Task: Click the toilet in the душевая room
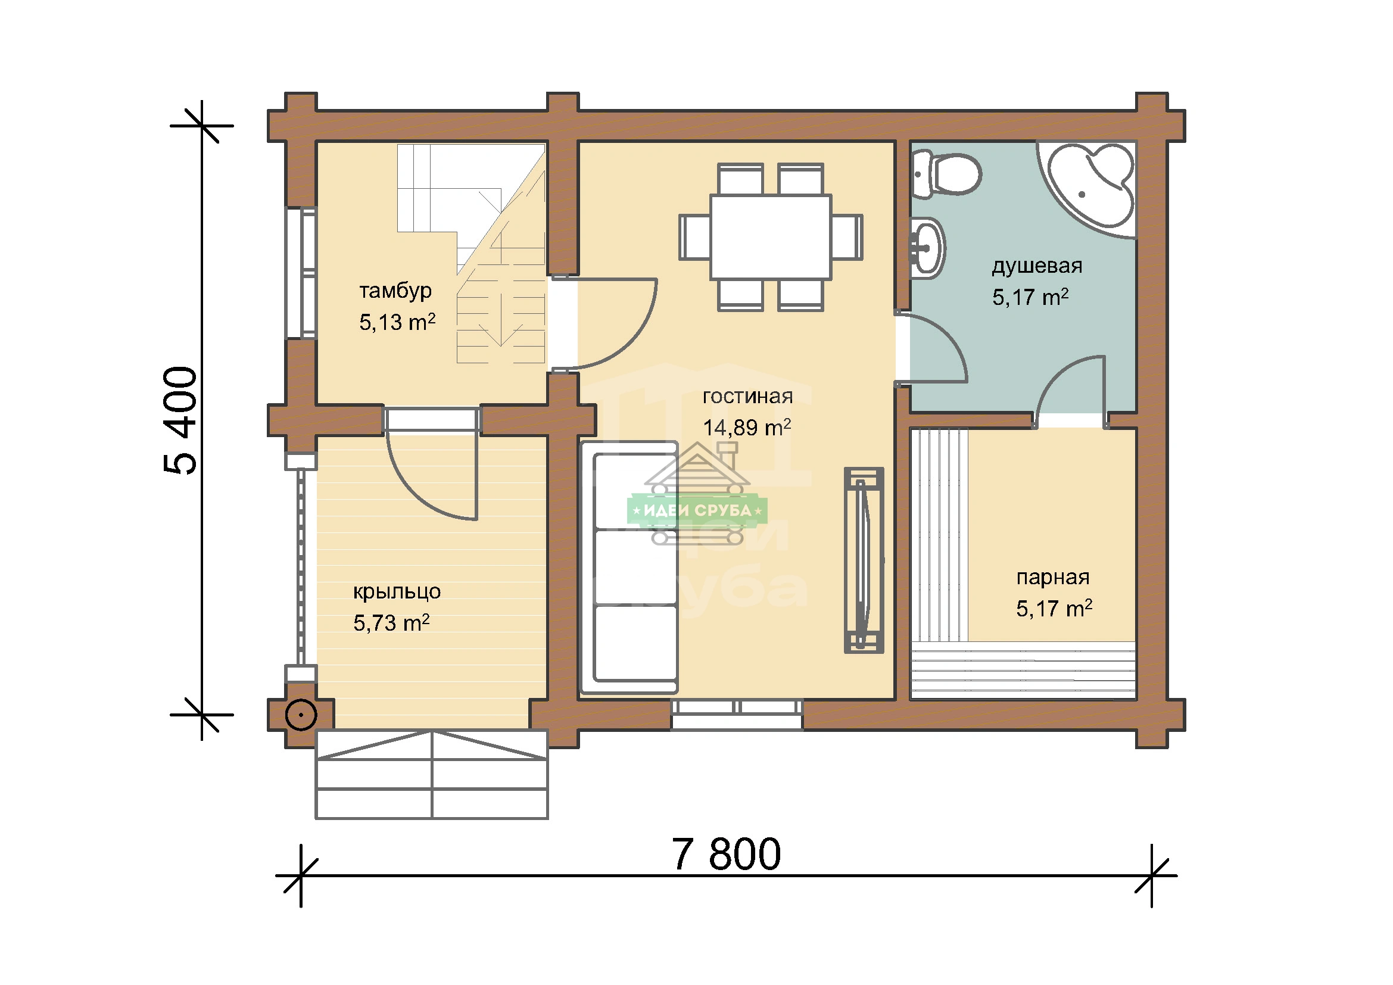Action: tap(946, 174)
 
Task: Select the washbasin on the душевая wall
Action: tap(927, 248)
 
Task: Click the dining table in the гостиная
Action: tap(771, 237)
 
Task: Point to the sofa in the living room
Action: tap(629, 568)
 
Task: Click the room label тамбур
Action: tap(395, 291)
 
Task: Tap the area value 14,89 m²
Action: tap(747, 428)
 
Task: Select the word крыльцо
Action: tap(397, 591)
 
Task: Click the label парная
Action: tap(1052, 578)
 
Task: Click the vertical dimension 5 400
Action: tap(180, 420)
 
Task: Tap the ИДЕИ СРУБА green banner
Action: tap(697, 510)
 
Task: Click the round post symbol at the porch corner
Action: tap(301, 716)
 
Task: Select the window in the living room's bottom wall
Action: tap(737, 714)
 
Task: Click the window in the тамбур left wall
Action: tap(301, 273)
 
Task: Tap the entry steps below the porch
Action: tap(431, 774)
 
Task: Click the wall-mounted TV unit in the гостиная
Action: tap(864, 560)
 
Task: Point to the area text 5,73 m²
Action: tap(391, 623)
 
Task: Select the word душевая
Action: tap(1037, 266)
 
